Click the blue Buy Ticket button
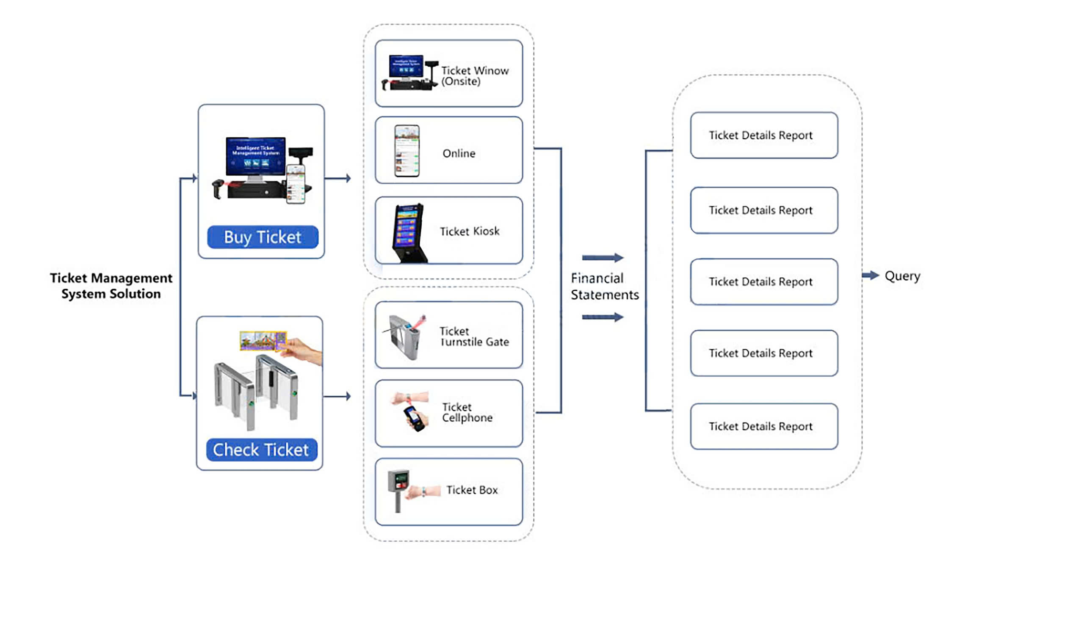click(x=263, y=237)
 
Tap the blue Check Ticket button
click(x=261, y=450)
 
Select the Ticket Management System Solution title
click(x=111, y=286)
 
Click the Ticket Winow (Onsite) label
click(x=474, y=75)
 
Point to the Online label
click(x=459, y=153)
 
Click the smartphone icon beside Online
click(x=407, y=151)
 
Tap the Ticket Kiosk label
click(x=469, y=231)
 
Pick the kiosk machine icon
click(x=408, y=233)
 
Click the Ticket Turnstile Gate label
click(x=474, y=336)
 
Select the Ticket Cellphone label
click(x=467, y=412)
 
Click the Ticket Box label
click(x=472, y=490)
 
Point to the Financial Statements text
click(x=604, y=287)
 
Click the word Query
click(x=902, y=276)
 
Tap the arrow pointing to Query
click(x=870, y=276)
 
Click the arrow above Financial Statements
click(x=602, y=258)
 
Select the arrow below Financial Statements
click(x=602, y=317)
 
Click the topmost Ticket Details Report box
click(x=763, y=135)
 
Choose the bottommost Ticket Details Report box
click(x=763, y=426)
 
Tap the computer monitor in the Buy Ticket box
click(x=256, y=156)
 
